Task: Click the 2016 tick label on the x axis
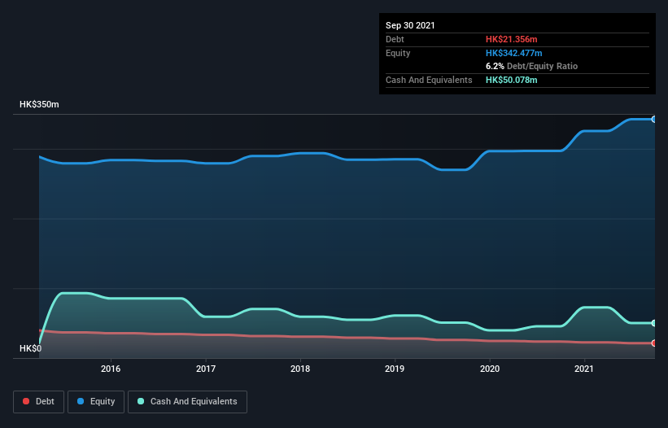pyautogui.click(x=111, y=369)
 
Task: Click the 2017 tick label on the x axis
pyautogui.click(x=206, y=369)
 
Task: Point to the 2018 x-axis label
pyautogui.click(x=300, y=369)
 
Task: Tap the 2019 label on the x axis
pyautogui.click(x=395, y=369)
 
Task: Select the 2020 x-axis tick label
pyautogui.click(x=490, y=369)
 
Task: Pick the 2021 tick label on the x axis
pyautogui.click(x=584, y=369)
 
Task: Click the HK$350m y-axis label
pyautogui.click(x=39, y=105)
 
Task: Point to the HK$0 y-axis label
pyautogui.click(x=32, y=349)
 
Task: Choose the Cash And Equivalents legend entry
pyautogui.click(x=187, y=401)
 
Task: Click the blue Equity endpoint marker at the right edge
pyautogui.click(x=653, y=119)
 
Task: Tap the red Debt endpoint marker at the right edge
pyautogui.click(x=653, y=343)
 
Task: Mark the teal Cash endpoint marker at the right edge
pyautogui.click(x=653, y=323)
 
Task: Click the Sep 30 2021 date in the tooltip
pyautogui.click(x=410, y=25)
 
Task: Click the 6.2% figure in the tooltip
pyautogui.click(x=495, y=66)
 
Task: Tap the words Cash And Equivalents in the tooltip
pyautogui.click(x=429, y=80)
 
